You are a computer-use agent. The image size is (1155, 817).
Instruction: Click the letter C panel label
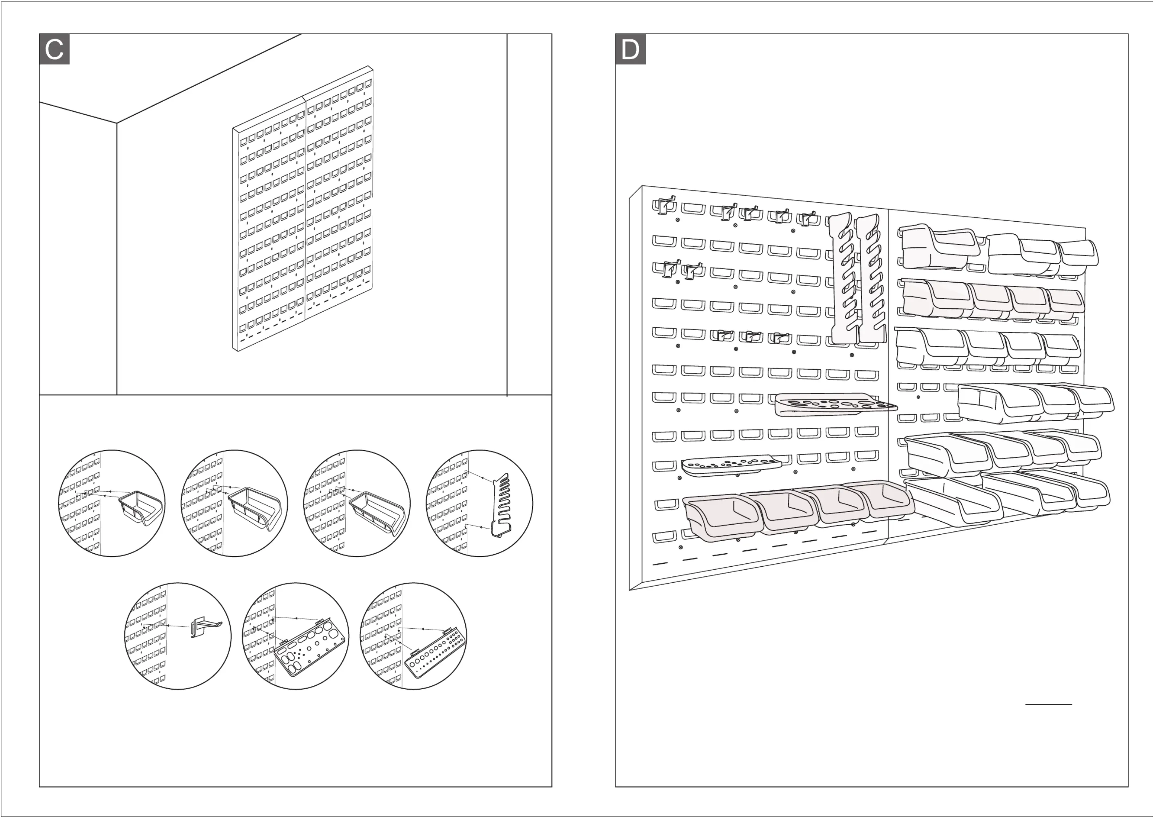[x=54, y=49]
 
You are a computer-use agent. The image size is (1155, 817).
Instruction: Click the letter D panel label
[x=630, y=49]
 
